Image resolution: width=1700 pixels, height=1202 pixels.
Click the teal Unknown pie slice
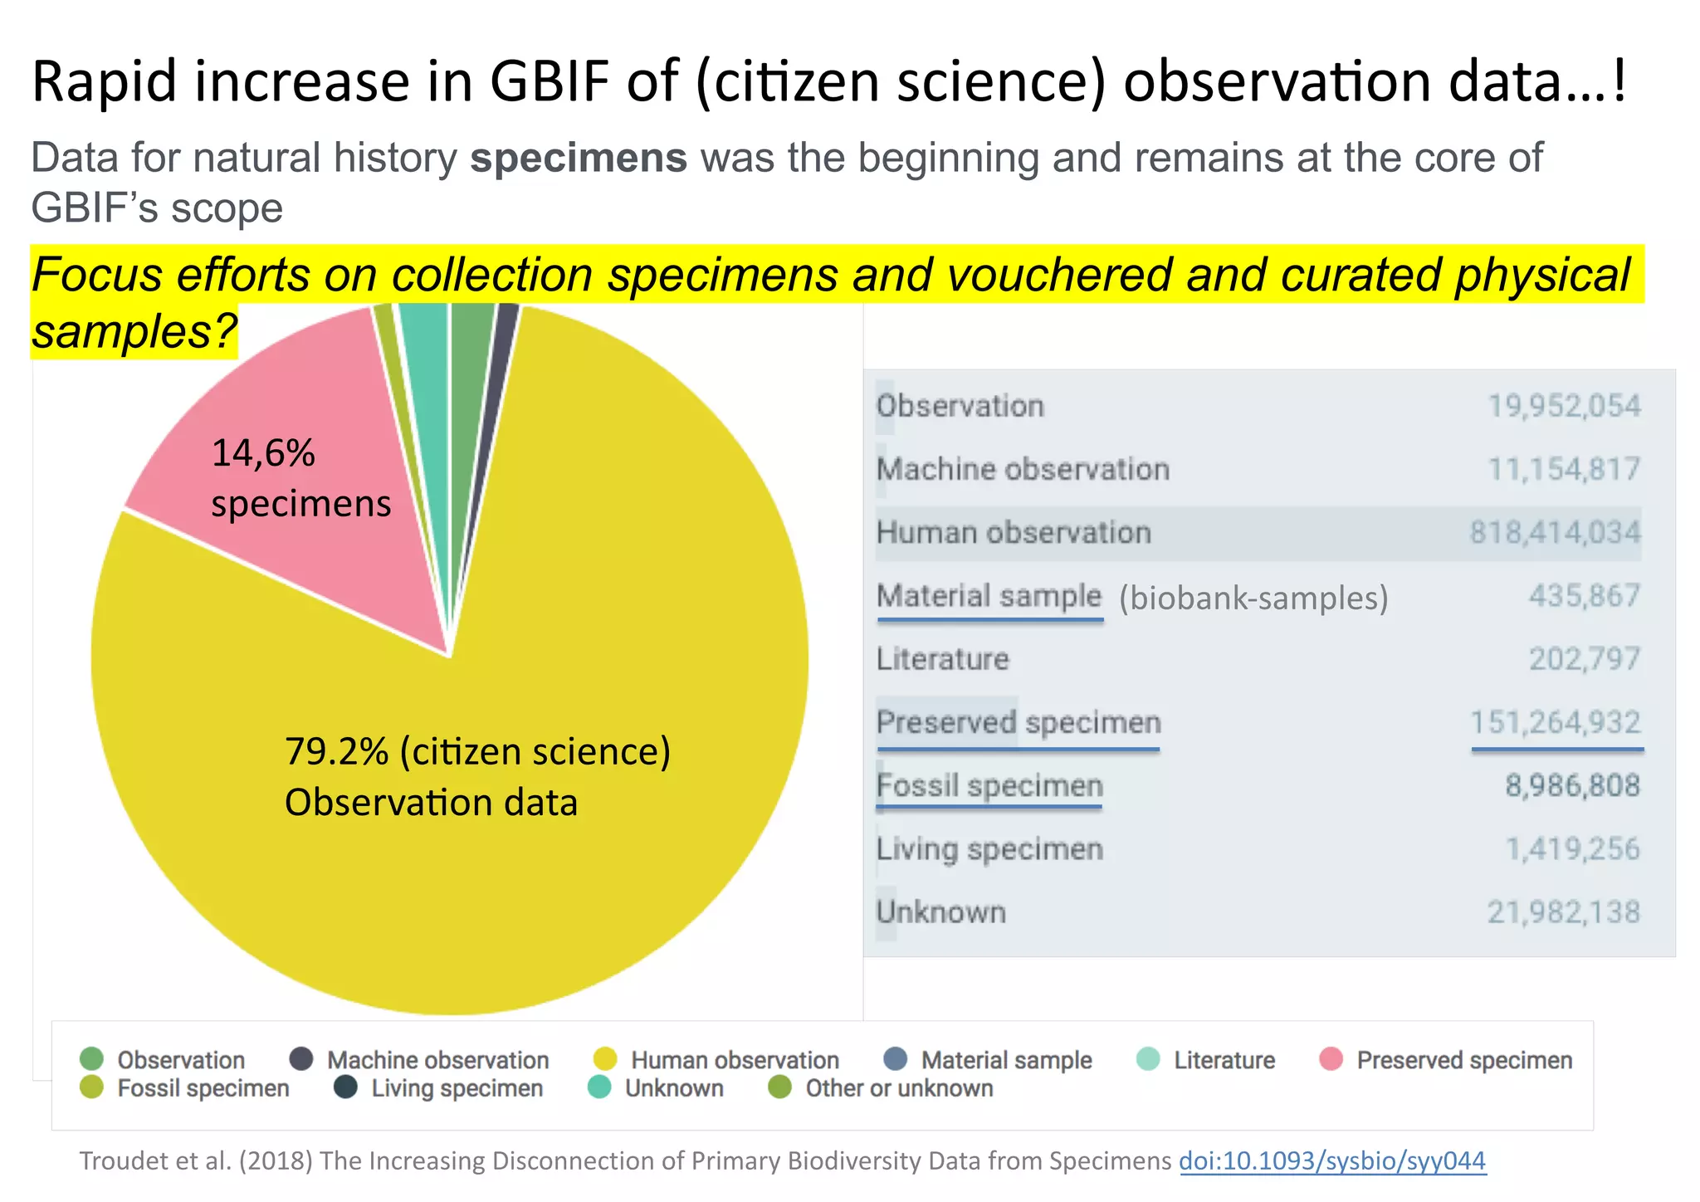click(x=425, y=349)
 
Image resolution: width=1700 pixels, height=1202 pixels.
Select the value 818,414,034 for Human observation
click(x=1555, y=532)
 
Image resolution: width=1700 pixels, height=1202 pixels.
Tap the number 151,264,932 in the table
click(x=1556, y=722)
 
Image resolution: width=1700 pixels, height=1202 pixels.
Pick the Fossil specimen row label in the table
click(x=989, y=785)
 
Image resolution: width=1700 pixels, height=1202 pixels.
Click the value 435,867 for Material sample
click(x=1584, y=595)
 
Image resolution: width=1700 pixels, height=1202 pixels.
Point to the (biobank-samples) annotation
click(x=1253, y=598)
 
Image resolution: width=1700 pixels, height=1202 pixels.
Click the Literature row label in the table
click(x=943, y=659)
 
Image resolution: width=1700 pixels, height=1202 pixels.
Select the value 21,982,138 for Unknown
click(x=1563, y=912)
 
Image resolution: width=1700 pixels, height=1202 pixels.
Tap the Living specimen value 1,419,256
click(x=1572, y=849)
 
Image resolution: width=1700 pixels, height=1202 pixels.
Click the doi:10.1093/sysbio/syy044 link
click(x=1332, y=1160)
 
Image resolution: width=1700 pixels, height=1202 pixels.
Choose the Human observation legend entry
click(x=734, y=1060)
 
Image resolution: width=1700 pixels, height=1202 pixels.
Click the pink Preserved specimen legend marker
click(x=1331, y=1059)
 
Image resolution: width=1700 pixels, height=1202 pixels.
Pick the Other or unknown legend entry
click(x=898, y=1088)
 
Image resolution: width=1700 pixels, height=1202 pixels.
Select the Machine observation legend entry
click(x=437, y=1060)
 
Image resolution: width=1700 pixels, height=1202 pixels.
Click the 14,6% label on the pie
click(x=263, y=453)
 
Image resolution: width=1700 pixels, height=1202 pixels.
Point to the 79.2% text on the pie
click(x=336, y=751)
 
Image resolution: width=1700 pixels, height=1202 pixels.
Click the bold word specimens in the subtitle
click(x=579, y=158)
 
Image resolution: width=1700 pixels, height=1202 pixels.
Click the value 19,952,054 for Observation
click(x=1563, y=406)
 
